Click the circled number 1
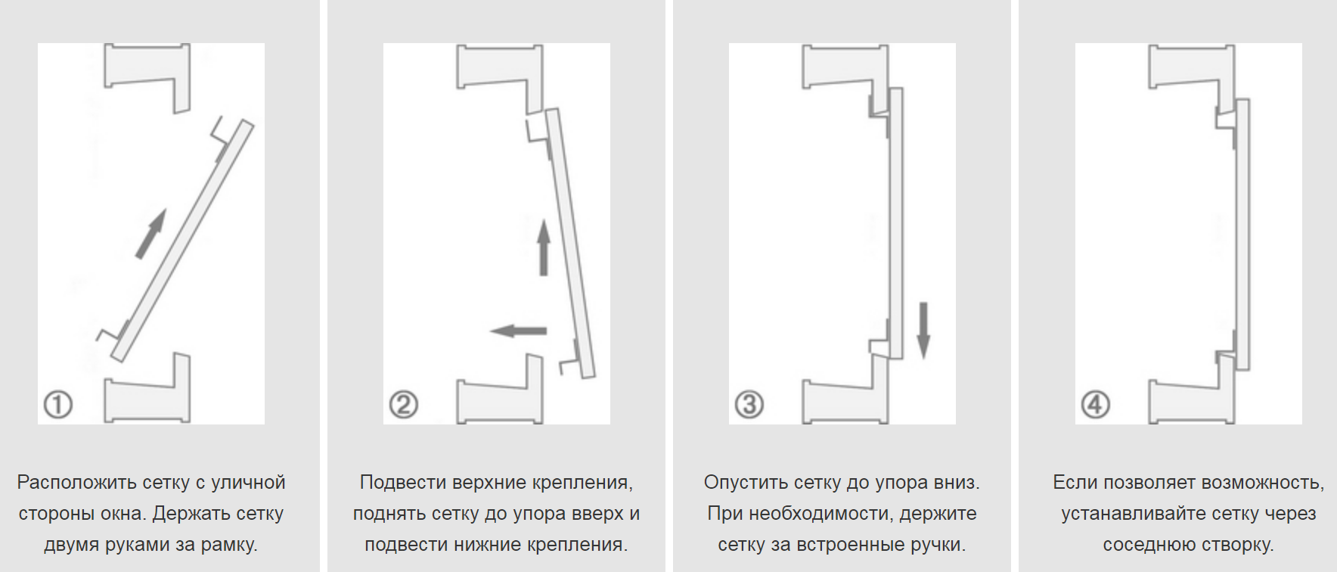(58, 404)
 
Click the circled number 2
(404, 404)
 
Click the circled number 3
(749, 404)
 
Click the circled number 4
(1095, 404)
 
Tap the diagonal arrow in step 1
(150, 235)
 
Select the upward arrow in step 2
(543, 248)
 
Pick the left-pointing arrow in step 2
(518, 331)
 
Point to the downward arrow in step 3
(923, 329)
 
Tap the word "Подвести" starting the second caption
(403, 483)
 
